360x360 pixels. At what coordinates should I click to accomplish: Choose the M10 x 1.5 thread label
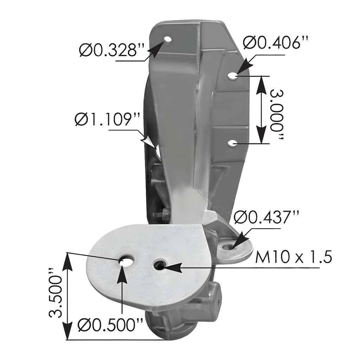click(293, 258)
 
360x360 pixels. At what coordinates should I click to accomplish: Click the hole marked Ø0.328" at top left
click(168, 40)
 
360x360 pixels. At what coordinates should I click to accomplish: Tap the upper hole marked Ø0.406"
click(233, 76)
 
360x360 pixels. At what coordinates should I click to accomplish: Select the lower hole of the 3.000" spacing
click(232, 143)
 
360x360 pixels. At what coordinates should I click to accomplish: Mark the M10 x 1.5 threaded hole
click(160, 265)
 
